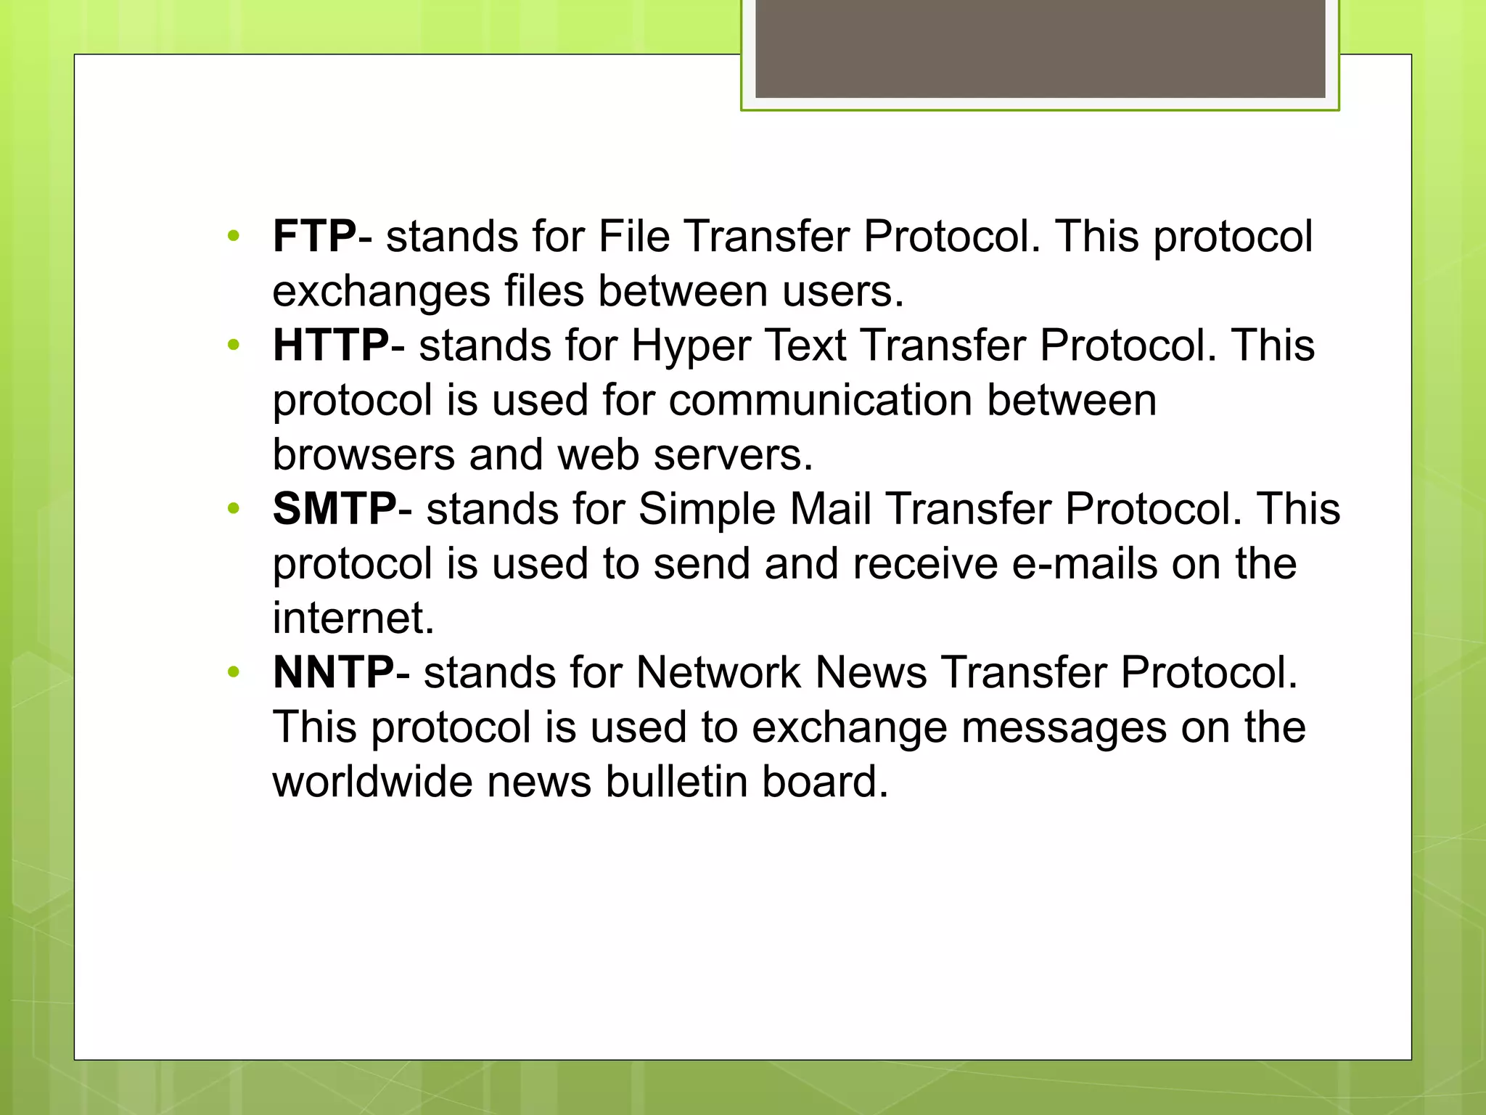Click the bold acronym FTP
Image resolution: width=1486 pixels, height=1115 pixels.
tap(314, 237)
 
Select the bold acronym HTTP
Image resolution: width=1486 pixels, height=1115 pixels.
tap(331, 346)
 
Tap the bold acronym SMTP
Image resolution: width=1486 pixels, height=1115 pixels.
tap(334, 509)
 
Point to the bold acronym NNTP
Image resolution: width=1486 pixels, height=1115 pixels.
tap(333, 672)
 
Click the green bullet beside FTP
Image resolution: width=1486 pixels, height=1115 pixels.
tap(233, 236)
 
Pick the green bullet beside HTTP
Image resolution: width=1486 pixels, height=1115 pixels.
tap(233, 345)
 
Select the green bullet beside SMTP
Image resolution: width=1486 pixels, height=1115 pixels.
tap(233, 508)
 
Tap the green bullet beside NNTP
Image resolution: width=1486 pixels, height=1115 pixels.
tap(233, 671)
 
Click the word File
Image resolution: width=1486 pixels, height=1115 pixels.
tap(633, 237)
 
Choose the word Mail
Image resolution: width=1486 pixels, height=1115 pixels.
tap(830, 509)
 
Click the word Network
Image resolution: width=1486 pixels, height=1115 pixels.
tap(718, 672)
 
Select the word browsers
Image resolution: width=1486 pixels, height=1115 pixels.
tap(364, 455)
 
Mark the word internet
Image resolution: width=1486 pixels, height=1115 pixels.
tap(353, 618)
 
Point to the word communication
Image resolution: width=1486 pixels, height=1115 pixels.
tap(820, 401)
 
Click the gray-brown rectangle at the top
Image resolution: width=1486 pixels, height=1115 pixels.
tap(1040, 48)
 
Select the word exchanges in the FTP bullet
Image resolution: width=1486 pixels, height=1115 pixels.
tap(381, 293)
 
